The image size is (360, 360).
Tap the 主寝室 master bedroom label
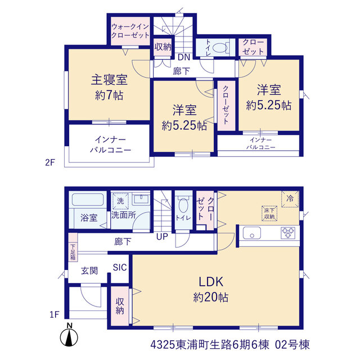[x=109, y=80]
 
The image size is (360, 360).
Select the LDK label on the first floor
[x=211, y=282]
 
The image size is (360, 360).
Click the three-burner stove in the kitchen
[x=288, y=233]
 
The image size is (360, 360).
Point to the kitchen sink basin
[x=252, y=233]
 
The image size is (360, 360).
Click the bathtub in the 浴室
[x=88, y=200]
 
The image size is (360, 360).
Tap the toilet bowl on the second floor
[x=220, y=48]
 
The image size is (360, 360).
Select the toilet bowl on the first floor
[x=183, y=205]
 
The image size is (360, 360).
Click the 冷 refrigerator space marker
[x=290, y=199]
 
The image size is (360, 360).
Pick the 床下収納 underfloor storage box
[x=269, y=214]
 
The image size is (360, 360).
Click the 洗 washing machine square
[x=120, y=201]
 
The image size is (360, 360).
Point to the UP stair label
[x=162, y=236]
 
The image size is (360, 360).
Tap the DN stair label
[x=184, y=57]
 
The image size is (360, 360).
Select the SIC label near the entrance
[x=120, y=267]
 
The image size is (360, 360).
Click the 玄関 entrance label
[x=89, y=271]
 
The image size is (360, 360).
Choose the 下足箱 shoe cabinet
[x=73, y=247]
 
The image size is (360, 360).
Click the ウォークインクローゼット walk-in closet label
[x=130, y=31]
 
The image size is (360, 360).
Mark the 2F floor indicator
[x=50, y=163]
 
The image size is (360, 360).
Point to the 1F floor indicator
[x=55, y=314]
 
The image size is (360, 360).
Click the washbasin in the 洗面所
[x=141, y=199]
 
